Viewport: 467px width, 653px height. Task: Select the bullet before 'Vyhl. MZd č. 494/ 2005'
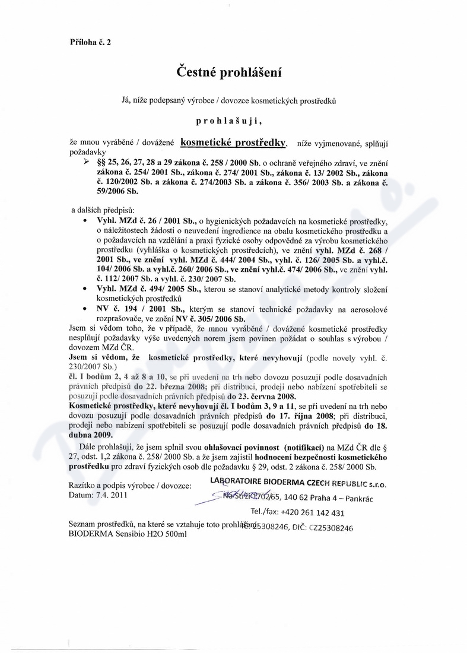pyautogui.click(x=87, y=288)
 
